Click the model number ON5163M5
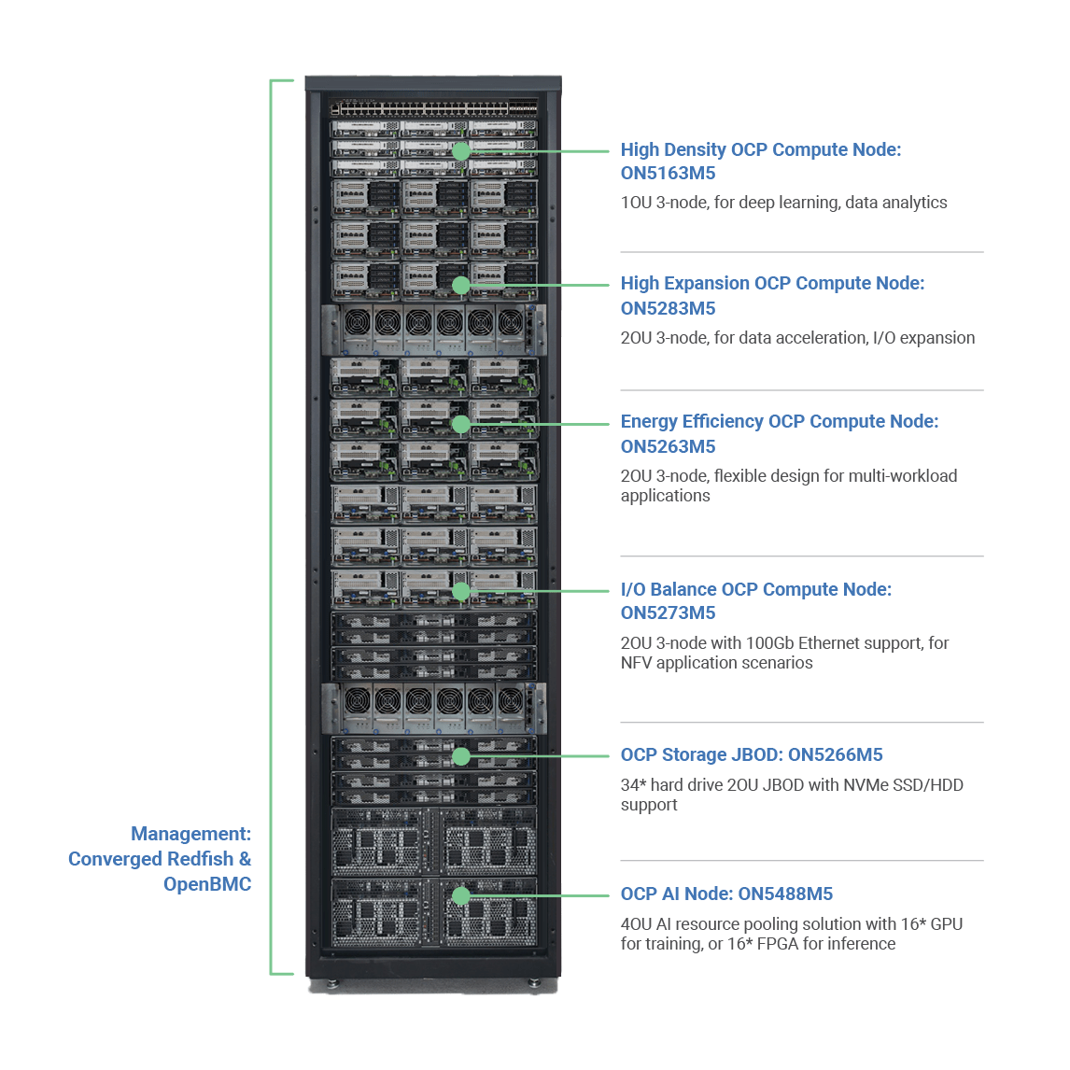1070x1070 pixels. click(668, 173)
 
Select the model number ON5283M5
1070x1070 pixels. click(668, 308)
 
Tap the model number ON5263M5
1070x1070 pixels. click(668, 446)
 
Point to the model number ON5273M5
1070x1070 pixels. click(668, 612)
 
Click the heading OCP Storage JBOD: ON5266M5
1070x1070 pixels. click(752, 754)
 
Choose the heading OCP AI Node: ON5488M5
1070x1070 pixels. click(726, 894)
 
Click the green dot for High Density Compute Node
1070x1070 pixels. click(460, 151)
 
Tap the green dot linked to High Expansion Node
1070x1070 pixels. click(460, 286)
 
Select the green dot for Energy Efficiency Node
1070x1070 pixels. click(460, 424)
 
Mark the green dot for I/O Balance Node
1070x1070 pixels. click(460, 591)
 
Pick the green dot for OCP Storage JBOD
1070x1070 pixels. click(460, 756)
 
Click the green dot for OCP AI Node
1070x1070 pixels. click(460, 896)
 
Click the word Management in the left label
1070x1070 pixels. click(189, 834)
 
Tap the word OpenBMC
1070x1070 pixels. click(207, 884)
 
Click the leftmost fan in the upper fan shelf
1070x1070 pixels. click(358, 323)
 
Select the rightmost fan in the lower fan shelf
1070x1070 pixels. click(511, 700)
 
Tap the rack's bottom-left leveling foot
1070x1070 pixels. click(332, 983)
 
